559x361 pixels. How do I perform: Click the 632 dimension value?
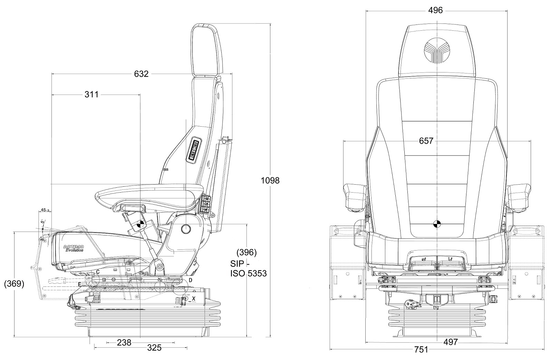(x=141, y=74)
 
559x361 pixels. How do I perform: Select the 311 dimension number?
(x=91, y=94)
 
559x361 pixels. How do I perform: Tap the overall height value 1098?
(x=270, y=180)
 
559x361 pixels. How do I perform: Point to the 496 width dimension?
(x=435, y=10)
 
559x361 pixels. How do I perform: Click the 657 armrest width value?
(x=426, y=141)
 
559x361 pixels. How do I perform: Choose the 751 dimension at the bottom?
(x=421, y=350)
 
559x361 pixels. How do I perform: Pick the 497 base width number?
(x=450, y=342)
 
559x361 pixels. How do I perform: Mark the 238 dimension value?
(x=124, y=342)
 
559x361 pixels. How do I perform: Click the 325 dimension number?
(x=154, y=348)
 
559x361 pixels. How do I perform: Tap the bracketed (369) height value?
(x=14, y=284)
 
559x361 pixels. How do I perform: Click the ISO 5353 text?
(x=248, y=274)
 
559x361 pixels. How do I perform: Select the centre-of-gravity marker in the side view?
(x=141, y=224)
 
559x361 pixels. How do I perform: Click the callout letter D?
(x=190, y=280)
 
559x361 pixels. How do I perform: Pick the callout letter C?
(x=98, y=272)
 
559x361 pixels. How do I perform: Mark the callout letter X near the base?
(x=194, y=298)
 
